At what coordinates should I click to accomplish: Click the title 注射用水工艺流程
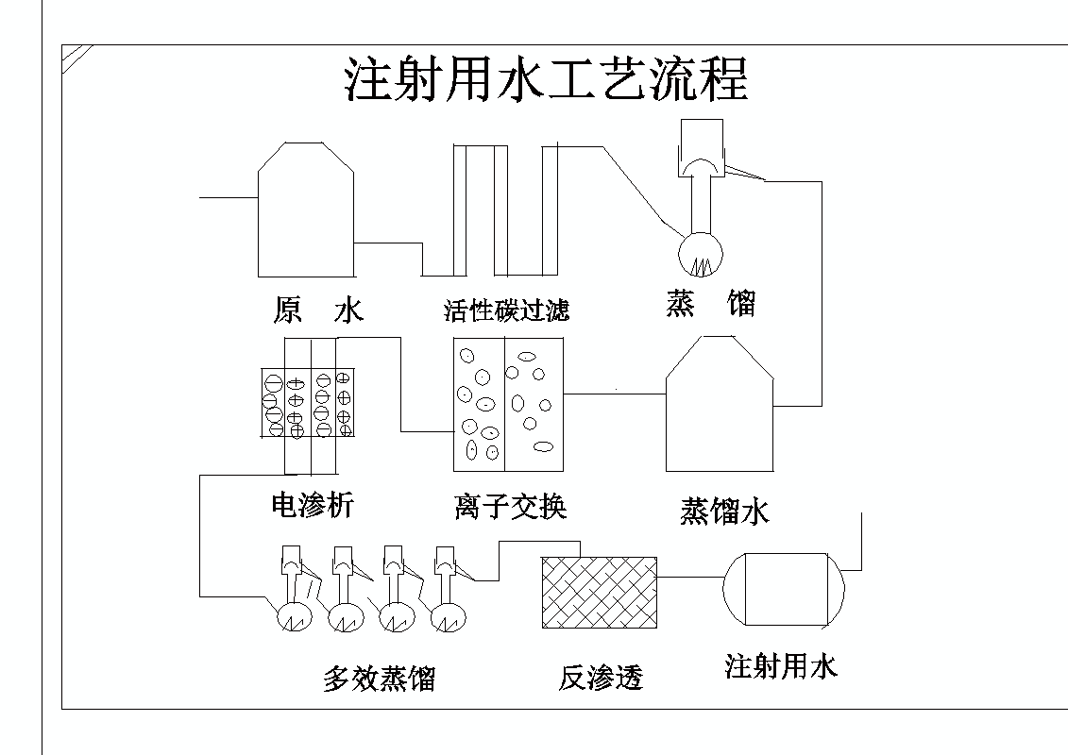(546, 80)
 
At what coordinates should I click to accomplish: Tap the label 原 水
(318, 310)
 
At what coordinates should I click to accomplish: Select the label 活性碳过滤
(507, 310)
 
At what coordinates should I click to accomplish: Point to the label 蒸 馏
(710, 303)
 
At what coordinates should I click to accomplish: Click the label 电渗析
(312, 506)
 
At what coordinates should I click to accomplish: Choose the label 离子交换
(510, 507)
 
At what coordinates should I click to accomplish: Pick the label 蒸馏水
(724, 511)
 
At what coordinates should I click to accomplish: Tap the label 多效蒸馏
(379, 679)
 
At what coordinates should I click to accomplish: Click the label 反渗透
(601, 678)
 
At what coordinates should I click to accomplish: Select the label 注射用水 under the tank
(781, 667)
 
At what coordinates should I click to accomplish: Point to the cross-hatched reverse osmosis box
(599, 592)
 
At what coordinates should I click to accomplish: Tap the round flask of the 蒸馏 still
(701, 253)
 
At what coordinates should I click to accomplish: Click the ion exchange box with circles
(508, 404)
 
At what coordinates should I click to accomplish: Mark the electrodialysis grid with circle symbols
(308, 402)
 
